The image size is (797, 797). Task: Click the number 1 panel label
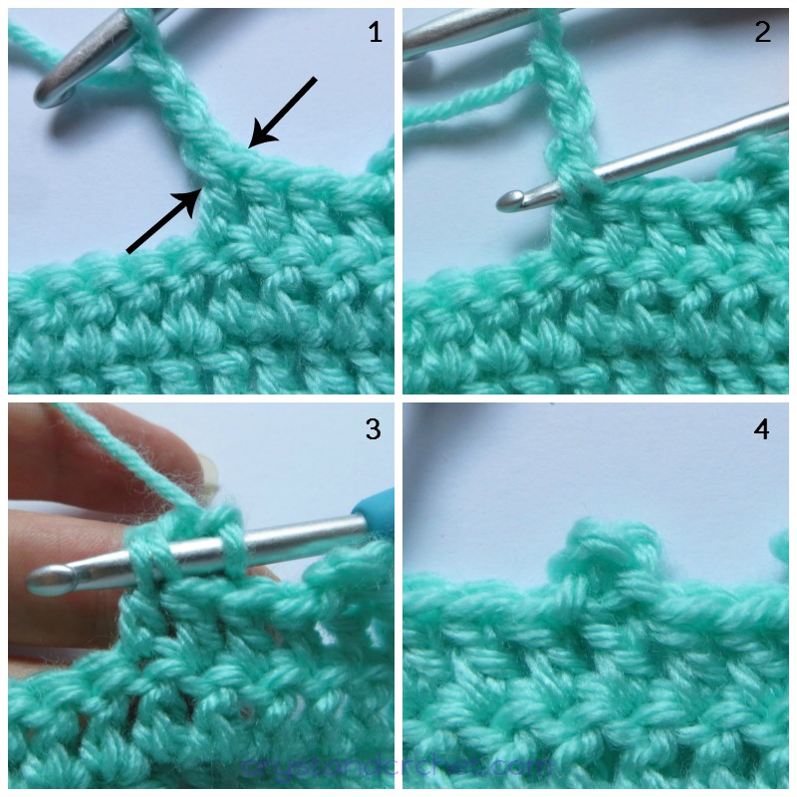coord(375,33)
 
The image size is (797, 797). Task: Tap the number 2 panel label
coord(762,33)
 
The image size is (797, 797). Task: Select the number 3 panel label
coord(373,429)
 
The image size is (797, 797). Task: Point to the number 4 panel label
coord(762,430)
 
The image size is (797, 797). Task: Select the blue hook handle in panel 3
coord(370,517)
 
